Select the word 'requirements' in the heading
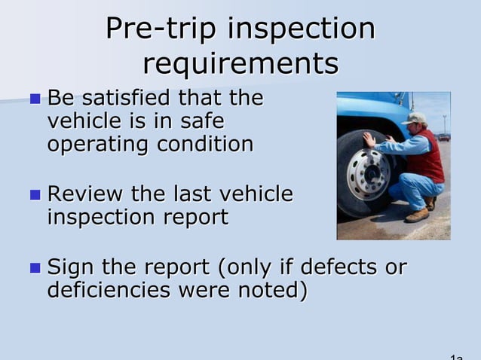click(x=240, y=63)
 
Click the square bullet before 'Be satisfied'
click(x=35, y=99)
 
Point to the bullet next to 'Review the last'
click(x=35, y=195)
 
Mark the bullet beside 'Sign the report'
click(x=35, y=267)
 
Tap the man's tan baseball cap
click(x=415, y=118)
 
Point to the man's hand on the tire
click(x=369, y=139)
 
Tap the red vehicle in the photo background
click(x=443, y=137)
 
